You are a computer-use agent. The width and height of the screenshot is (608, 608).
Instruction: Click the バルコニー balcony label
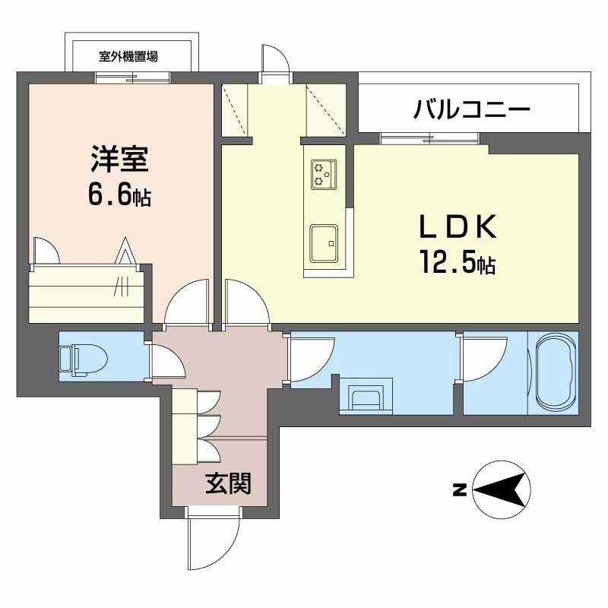pos(471,111)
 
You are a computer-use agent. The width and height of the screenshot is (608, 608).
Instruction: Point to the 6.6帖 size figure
pos(119,196)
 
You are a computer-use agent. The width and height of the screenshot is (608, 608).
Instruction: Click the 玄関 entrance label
pos(228,482)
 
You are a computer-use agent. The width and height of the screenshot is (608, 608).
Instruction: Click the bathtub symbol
pos(557,374)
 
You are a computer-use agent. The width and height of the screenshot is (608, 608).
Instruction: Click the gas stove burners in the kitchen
pos(323,174)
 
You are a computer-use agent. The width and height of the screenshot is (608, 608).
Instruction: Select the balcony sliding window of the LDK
pos(429,138)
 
